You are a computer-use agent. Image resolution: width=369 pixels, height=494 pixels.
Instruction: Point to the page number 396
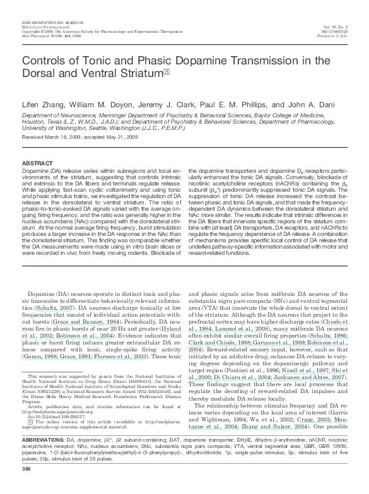coord(26,487)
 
